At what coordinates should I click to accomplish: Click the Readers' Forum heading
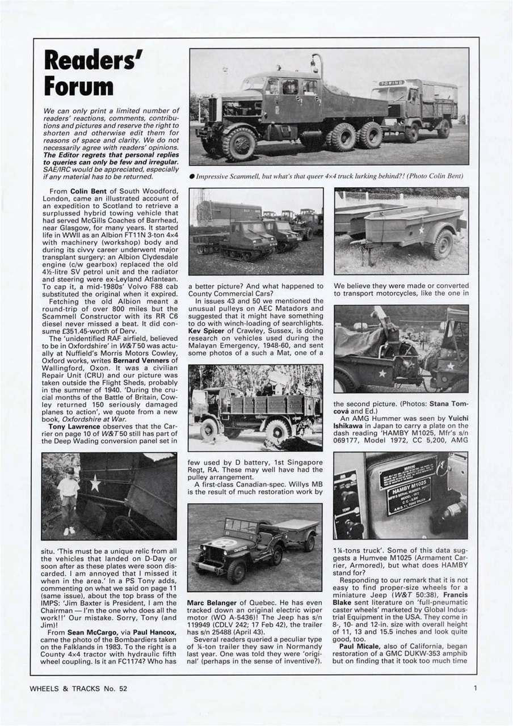[93, 73]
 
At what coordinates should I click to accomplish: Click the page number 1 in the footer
[474, 689]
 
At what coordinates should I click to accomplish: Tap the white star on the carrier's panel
[95, 483]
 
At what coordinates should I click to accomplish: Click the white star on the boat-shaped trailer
[421, 230]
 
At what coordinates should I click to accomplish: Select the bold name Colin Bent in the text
[86, 192]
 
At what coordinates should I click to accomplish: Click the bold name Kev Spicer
[208, 328]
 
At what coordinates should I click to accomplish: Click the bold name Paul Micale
[359, 646]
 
